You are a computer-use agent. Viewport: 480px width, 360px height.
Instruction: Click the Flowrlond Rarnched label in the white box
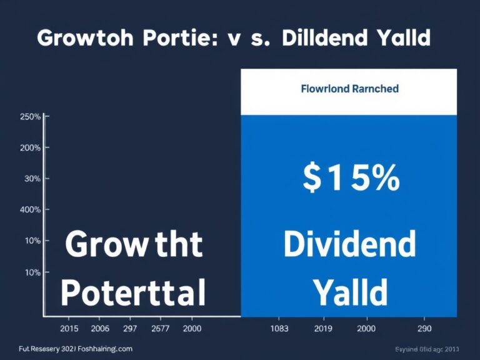349,89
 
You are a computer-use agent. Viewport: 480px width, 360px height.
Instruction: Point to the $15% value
351,178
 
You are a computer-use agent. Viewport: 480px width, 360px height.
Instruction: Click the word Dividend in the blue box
349,244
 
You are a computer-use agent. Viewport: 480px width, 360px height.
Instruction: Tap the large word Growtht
134,244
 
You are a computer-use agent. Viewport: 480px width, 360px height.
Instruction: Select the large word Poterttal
134,291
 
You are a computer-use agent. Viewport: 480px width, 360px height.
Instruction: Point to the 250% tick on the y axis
30,117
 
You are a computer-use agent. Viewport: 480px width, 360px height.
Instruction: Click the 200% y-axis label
30,148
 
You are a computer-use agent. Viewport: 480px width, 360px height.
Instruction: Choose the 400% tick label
30,209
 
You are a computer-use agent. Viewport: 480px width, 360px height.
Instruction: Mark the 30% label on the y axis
32,179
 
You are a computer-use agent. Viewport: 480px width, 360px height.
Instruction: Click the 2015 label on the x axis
68,328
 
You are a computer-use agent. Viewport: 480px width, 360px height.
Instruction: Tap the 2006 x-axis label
100,328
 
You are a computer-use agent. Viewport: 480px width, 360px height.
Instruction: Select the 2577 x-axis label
161,328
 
